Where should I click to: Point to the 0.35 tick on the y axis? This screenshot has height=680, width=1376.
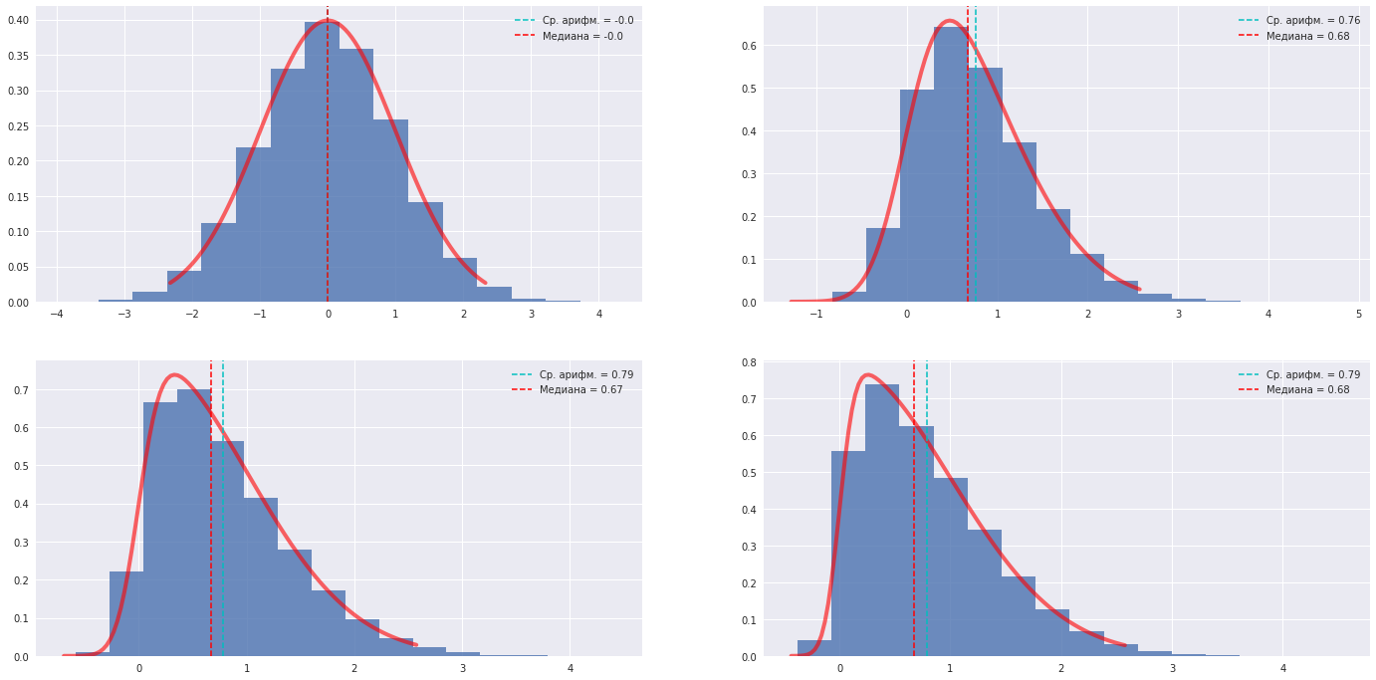tap(19, 56)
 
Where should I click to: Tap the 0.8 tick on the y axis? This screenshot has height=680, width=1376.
tap(754, 362)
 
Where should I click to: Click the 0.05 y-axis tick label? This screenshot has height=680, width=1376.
tap(19, 267)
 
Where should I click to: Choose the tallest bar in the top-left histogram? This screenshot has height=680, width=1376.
tap(322, 159)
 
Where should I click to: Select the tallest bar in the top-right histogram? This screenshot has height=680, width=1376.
tap(951, 164)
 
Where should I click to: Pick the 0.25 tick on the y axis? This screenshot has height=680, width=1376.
tap(19, 126)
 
